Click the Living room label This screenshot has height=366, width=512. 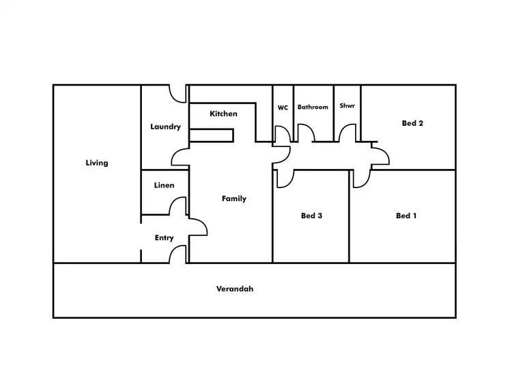coord(97,163)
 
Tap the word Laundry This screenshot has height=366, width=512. coord(165,127)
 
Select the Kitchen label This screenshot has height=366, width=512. coord(223,114)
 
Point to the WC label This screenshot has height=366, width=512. coord(283,107)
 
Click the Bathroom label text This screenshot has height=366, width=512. coord(313,107)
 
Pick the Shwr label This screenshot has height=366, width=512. coord(347,106)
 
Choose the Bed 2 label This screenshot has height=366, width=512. coord(413,124)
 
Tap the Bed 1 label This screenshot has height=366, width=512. coord(406,215)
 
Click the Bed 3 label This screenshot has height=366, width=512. coord(311,215)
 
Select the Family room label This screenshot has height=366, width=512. coord(234,198)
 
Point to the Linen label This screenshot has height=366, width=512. coord(164,185)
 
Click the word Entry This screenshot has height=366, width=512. coord(164,238)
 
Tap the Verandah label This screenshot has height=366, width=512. coord(235,289)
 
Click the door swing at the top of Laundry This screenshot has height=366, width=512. coord(180,94)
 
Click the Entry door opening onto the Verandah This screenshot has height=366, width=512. coord(178,254)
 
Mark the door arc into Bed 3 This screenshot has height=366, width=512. coord(285,178)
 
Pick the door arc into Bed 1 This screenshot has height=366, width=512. coord(361,178)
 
